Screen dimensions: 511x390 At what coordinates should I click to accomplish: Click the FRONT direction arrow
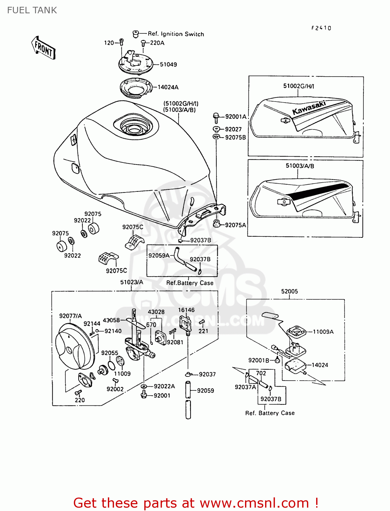(x=44, y=48)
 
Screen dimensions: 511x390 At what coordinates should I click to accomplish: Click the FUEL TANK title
(x=32, y=10)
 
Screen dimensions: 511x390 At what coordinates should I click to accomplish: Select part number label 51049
(x=168, y=64)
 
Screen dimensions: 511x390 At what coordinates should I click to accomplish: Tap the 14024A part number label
(x=168, y=87)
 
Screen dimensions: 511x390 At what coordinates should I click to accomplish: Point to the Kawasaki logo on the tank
(x=309, y=107)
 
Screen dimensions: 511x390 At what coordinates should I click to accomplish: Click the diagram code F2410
(x=321, y=28)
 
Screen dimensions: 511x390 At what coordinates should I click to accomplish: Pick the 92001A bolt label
(x=236, y=117)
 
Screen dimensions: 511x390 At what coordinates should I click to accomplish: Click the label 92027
(x=233, y=129)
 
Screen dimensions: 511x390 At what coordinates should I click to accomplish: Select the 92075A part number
(x=235, y=225)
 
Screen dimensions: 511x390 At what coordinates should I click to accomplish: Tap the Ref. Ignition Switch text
(x=176, y=34)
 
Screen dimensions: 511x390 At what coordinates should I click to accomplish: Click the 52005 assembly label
(x=289, y=291)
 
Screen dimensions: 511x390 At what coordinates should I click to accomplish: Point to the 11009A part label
(x=323, y=331)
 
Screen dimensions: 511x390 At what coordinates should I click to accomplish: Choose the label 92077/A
(x=70, y=316)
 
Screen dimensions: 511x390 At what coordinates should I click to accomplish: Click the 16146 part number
(x=186, y=310)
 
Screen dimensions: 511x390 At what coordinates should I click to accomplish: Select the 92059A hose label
(x=159, y=255)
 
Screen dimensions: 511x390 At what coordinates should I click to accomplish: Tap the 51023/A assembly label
(x=132, y=282)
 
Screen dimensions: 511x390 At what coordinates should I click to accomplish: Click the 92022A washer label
(x=164, y=386)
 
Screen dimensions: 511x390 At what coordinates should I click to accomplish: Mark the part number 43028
(x=156, y=312)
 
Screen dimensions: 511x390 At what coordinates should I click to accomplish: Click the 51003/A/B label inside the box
(x=300, y=166)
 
